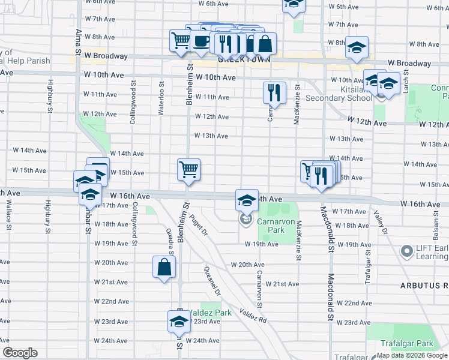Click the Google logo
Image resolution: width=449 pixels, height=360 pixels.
click(x=20, y=353)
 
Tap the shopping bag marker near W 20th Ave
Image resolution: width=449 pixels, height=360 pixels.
click(x=164, y=268)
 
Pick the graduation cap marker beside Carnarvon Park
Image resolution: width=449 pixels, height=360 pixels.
click(x=246, y=200)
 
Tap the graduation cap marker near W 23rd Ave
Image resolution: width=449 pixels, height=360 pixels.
click(x=178, y=322)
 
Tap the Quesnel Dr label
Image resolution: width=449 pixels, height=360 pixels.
click(x=211, y=281)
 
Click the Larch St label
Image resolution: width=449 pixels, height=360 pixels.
click(x=406, y=79)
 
